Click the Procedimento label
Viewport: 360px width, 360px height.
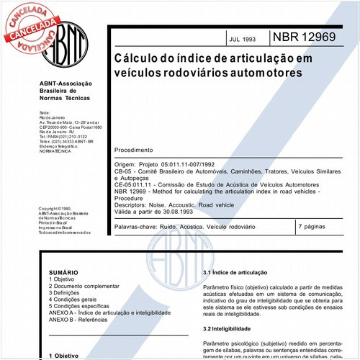pyautogui.click(x=138, y=150)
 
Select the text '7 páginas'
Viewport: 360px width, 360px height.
pyautogui.click(x=312, y=227)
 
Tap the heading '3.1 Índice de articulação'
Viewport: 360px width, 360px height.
pyautogui.click(x=237, y=274)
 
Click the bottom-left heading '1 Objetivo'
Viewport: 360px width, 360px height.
pyautogui.click(x=67, y=356)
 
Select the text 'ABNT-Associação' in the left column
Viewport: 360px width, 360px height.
pyautogui.click(x=66, y=84)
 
